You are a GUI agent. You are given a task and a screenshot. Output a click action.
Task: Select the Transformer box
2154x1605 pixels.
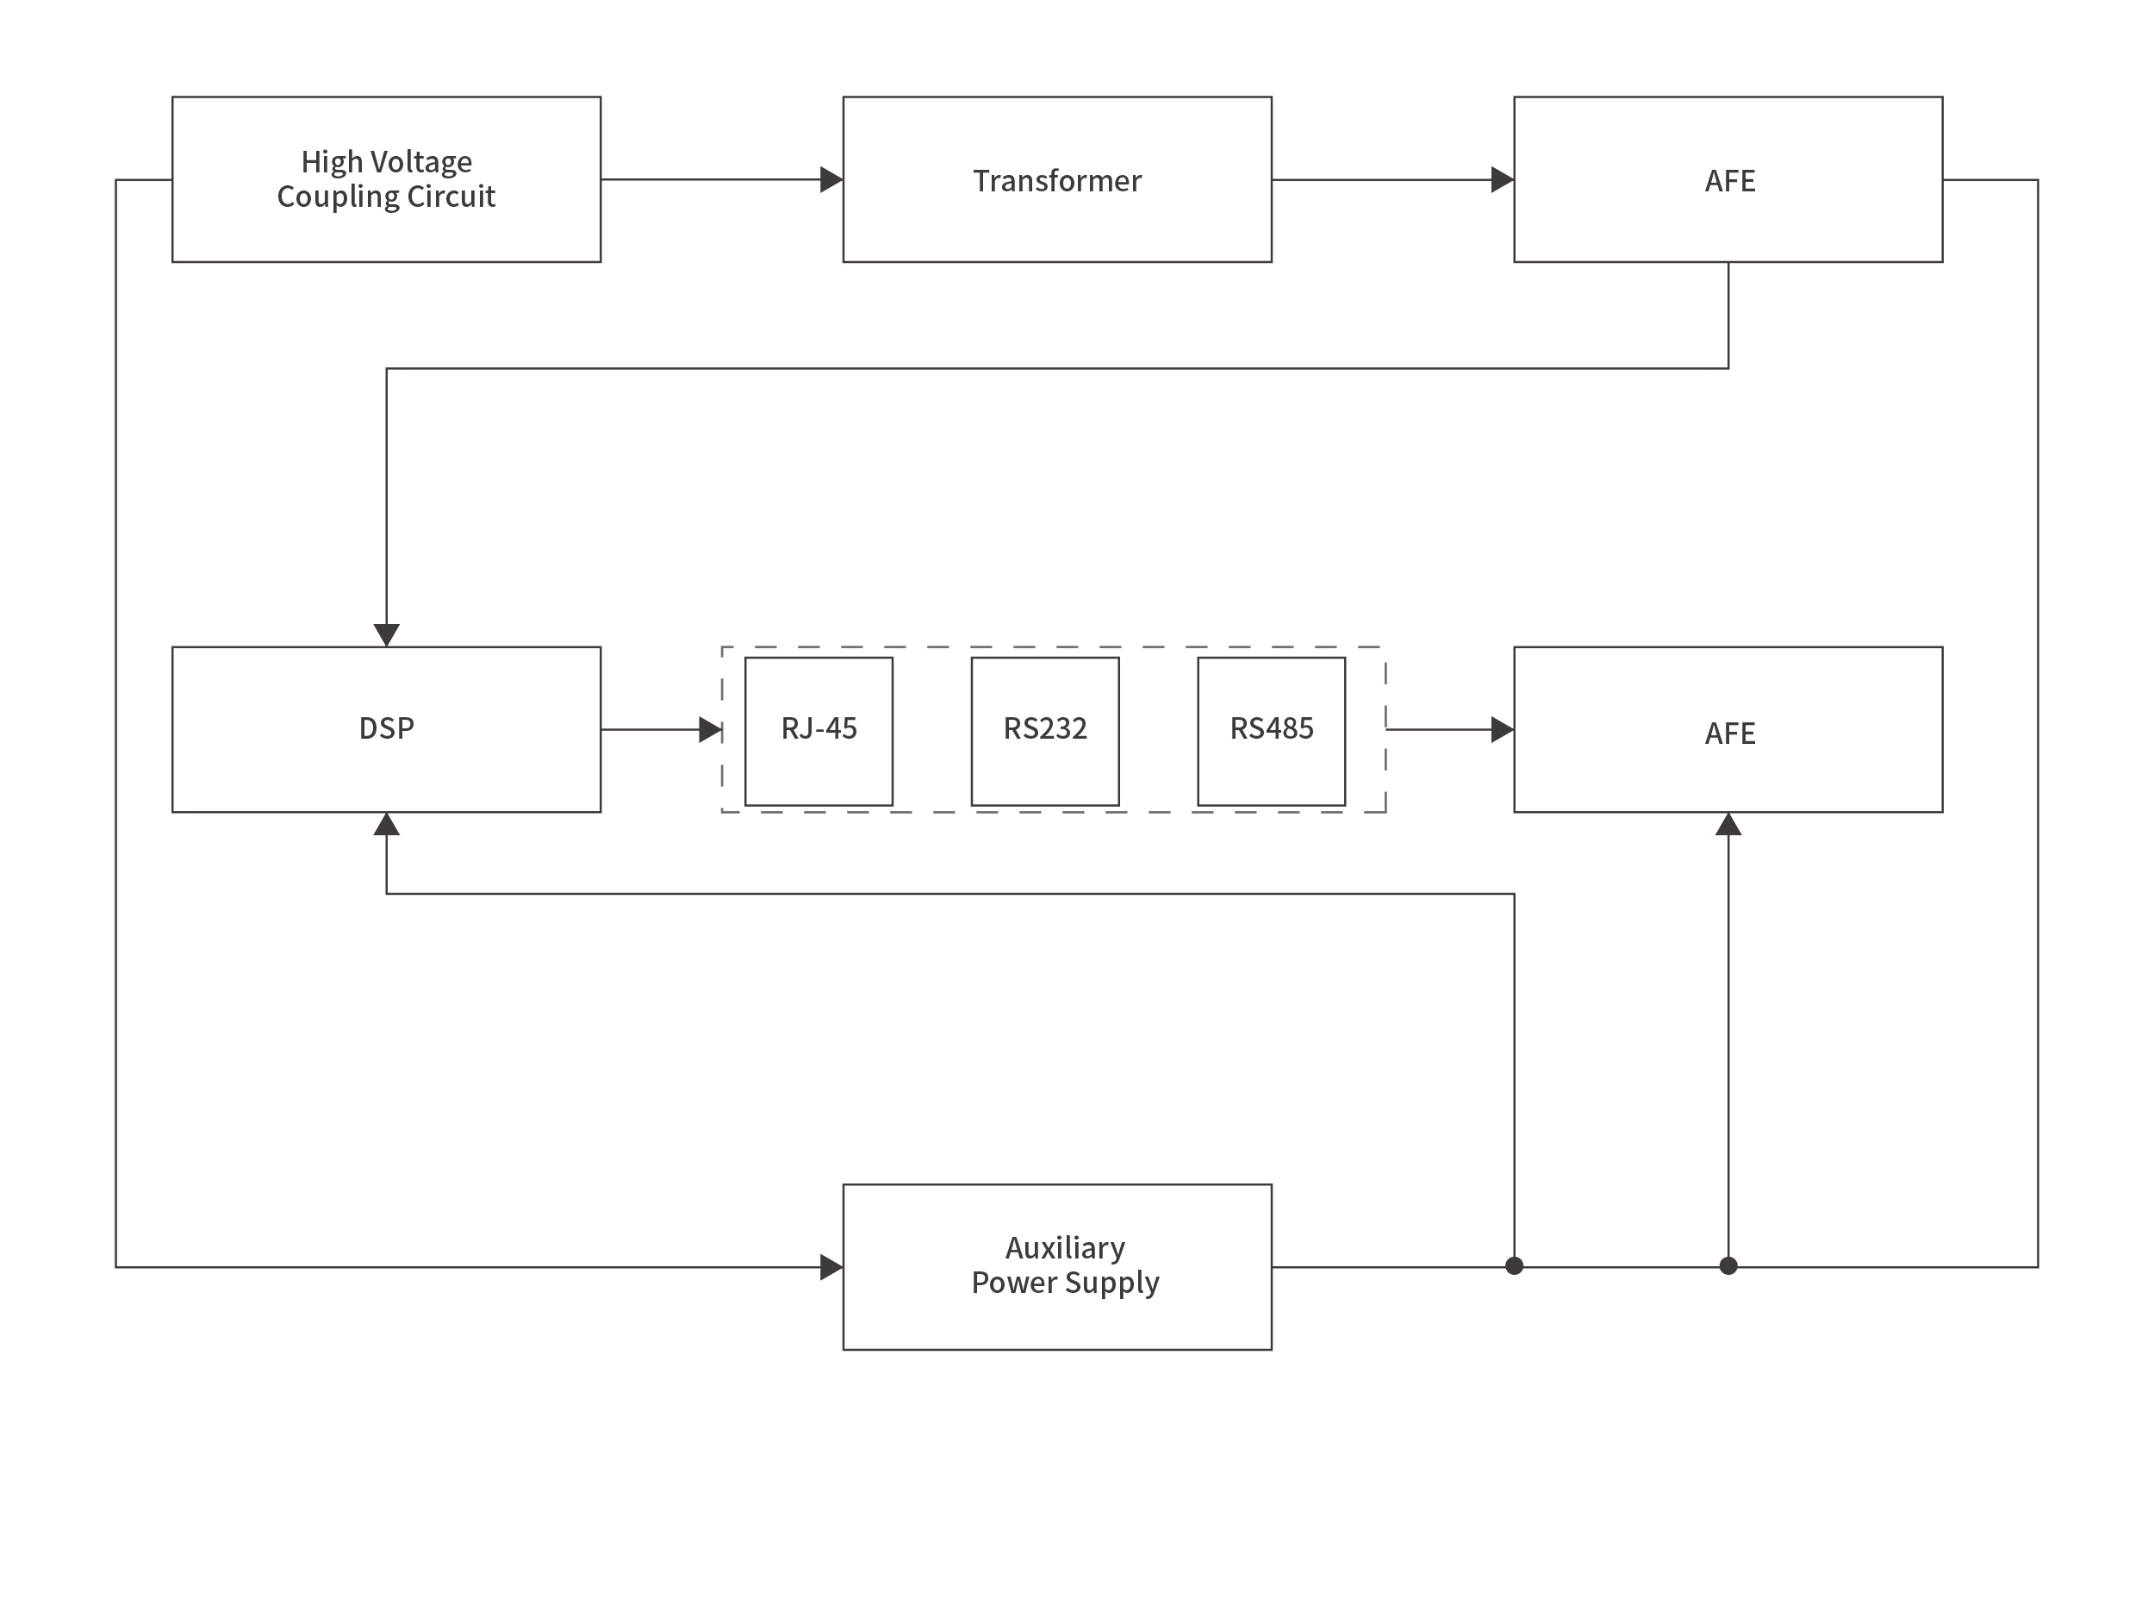1056,180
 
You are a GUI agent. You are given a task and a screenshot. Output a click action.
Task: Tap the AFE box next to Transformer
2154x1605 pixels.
1728,180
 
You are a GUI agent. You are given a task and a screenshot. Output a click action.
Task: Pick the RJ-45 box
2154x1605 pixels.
818,731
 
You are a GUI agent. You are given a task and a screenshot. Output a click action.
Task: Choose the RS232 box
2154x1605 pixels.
1044,731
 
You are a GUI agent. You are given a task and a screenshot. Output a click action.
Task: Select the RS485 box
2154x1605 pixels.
1270,731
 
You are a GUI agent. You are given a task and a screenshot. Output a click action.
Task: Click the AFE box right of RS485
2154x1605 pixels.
1728,728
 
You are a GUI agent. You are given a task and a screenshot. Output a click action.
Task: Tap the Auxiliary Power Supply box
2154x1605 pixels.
1056,1266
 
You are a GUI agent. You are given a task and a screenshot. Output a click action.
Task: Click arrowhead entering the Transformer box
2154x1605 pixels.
831,180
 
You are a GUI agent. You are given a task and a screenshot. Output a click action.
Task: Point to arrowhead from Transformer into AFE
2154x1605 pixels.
1503,180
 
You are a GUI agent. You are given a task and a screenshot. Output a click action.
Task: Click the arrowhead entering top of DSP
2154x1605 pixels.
387,634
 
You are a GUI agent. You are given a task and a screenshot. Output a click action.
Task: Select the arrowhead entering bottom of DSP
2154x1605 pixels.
387,825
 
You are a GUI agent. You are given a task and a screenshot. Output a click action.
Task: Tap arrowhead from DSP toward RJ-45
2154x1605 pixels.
710,728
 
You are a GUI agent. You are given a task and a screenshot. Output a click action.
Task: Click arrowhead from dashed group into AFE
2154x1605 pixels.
1503,728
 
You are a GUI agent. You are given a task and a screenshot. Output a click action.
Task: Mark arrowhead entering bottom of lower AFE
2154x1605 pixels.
1728,825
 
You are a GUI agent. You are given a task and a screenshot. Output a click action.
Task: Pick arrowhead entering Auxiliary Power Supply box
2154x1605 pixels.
831,1266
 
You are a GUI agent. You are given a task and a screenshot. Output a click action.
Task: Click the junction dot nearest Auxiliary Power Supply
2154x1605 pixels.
1513,1265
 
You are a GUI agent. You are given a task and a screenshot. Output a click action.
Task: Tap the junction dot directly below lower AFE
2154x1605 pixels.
1728,1265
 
